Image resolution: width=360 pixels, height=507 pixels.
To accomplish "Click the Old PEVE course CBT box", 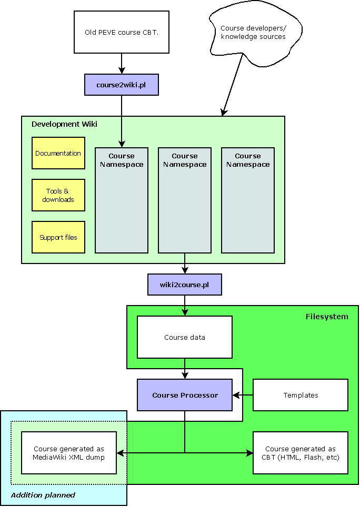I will (122, 32).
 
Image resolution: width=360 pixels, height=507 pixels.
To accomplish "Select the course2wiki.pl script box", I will (122, 85).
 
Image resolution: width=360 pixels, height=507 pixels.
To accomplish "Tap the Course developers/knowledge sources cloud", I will (253, 33).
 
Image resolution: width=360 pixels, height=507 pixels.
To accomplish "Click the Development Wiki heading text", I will (64, 124).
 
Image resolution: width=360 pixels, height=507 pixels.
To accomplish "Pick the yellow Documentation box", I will (58, 153).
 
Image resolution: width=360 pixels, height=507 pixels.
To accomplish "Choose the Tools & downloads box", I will (58, 195).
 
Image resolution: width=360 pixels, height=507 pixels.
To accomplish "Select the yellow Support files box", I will (58, 237).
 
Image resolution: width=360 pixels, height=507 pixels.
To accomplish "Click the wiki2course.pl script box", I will (184, 285).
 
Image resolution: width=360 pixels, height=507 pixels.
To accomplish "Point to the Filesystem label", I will (327, 317).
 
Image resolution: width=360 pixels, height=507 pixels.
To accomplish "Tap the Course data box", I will (184, 337).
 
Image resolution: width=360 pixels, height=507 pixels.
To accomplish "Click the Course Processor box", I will (184, 395).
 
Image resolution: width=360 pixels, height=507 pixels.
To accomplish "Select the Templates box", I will (301, 395).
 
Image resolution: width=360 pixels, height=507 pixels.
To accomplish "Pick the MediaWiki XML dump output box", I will (69, 453).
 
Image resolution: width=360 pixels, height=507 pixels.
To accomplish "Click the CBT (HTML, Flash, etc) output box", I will (301, 453).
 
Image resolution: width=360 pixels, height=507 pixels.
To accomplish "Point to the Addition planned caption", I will (43, 495).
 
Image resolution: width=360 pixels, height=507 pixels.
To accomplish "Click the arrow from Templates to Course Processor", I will (243, 394).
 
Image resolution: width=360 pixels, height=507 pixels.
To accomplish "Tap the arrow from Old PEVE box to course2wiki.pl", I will (122, 64).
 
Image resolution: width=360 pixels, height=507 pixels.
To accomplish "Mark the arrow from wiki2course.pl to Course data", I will (184, 306).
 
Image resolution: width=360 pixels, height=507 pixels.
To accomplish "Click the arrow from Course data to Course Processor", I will (184, 369).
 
